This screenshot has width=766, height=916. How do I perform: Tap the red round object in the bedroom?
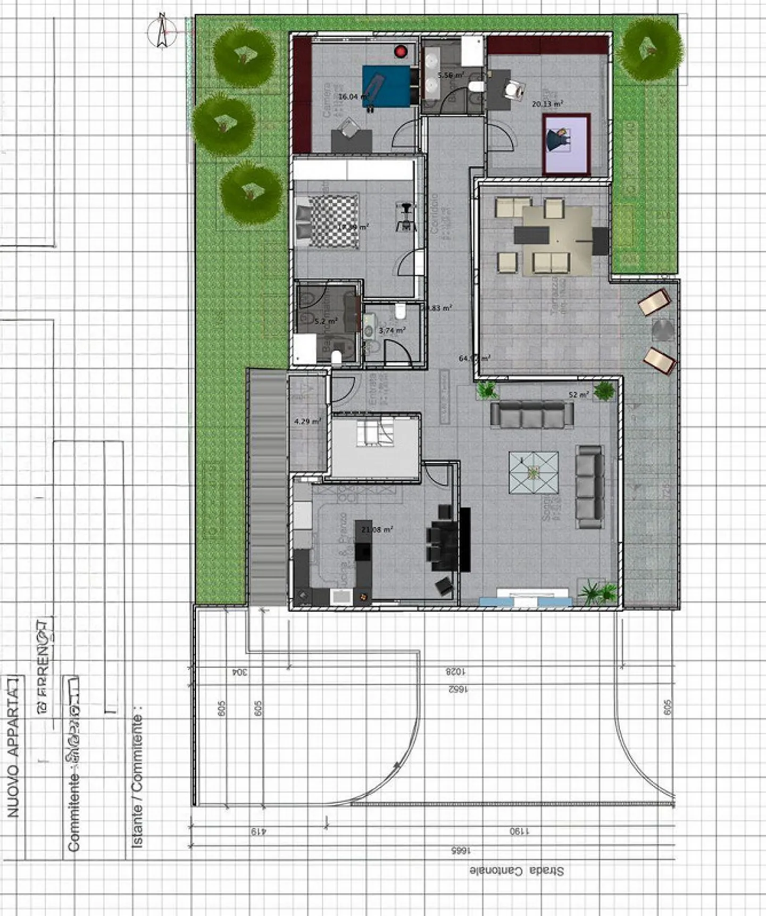[x=400, y=51]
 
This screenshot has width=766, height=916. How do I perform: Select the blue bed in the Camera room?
[x=386, y=86]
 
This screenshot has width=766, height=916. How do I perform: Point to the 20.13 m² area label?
[x=547, y=104]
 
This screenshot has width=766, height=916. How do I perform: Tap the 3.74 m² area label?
[x=392, y=330]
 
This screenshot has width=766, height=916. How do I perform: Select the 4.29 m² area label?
[x=307, y=421]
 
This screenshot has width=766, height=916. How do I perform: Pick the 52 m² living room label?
[x=578, y=395]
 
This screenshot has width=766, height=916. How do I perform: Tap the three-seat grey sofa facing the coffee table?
[x=531, y=414]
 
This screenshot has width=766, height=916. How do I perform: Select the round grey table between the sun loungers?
[x=663, y=330]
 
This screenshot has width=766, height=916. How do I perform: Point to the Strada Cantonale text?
[x=516, y=871]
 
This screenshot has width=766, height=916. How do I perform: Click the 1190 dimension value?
[x=519, y=831]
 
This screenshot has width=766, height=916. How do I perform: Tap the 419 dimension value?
[x=259, y=831]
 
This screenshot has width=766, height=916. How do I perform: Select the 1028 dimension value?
[x=456, y=671]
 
